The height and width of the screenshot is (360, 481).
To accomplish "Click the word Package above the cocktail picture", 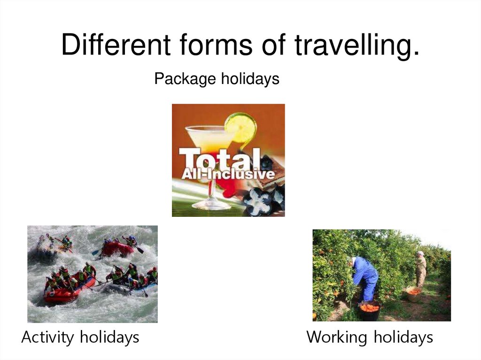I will (x=180, y=79).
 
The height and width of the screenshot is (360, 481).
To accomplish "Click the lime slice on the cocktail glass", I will (x=240, y=127).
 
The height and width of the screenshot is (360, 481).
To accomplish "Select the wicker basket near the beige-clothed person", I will (x=414, y=293).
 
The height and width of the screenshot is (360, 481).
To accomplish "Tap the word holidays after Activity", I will (x=109, y=337).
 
